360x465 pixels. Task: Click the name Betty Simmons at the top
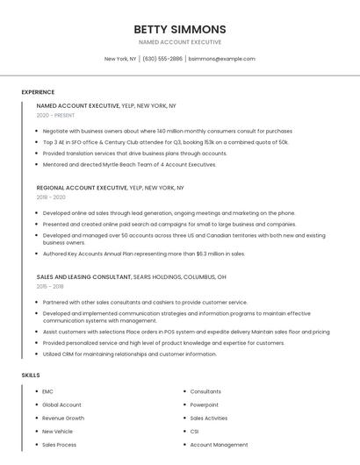coord(180,29)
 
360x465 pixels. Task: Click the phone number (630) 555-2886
coord(162,59)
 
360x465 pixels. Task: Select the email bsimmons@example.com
coord(221,59)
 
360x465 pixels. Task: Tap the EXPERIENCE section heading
coord(38,92)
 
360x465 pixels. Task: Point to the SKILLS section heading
coord(31,376)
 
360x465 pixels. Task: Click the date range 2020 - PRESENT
coord(55,115)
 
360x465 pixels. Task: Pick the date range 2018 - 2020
coord(51,197)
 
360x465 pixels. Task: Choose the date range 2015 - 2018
coord(50,286)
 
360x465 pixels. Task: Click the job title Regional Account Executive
coord(82,188)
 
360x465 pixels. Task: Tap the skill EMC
coord(47,391)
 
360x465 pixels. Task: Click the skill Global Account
coord(61,404)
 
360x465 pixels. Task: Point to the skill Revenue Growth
coord(63,418)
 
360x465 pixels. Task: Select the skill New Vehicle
coord(57,432)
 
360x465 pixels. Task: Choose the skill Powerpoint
coord(205,404)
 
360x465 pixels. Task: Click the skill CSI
coord(194,432)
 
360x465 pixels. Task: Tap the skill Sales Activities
coord(208,418)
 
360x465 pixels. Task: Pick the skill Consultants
coord(205,391)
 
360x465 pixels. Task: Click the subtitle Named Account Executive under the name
coord(180,42)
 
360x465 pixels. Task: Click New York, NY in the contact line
coord(120,59)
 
